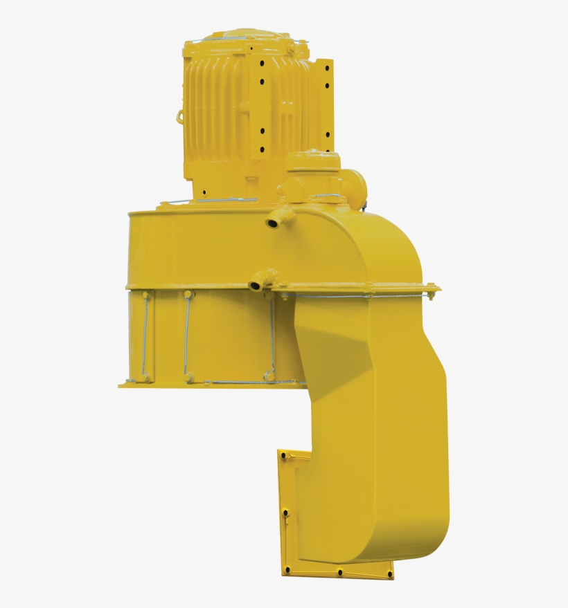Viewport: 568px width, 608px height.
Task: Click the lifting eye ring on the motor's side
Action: click(181, 116)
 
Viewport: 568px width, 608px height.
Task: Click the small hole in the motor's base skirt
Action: click(204, 191)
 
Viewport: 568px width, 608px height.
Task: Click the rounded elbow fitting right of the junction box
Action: click(357, 183)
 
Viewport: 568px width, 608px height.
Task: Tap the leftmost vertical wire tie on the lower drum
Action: click(146, 337)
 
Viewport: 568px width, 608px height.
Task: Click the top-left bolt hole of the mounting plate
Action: click(283, 456)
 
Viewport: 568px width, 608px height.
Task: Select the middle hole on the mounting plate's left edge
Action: click(285, 513)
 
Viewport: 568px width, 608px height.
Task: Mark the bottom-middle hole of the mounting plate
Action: click(340, 572)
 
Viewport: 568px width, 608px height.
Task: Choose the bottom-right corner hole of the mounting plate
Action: click(389, 573)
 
